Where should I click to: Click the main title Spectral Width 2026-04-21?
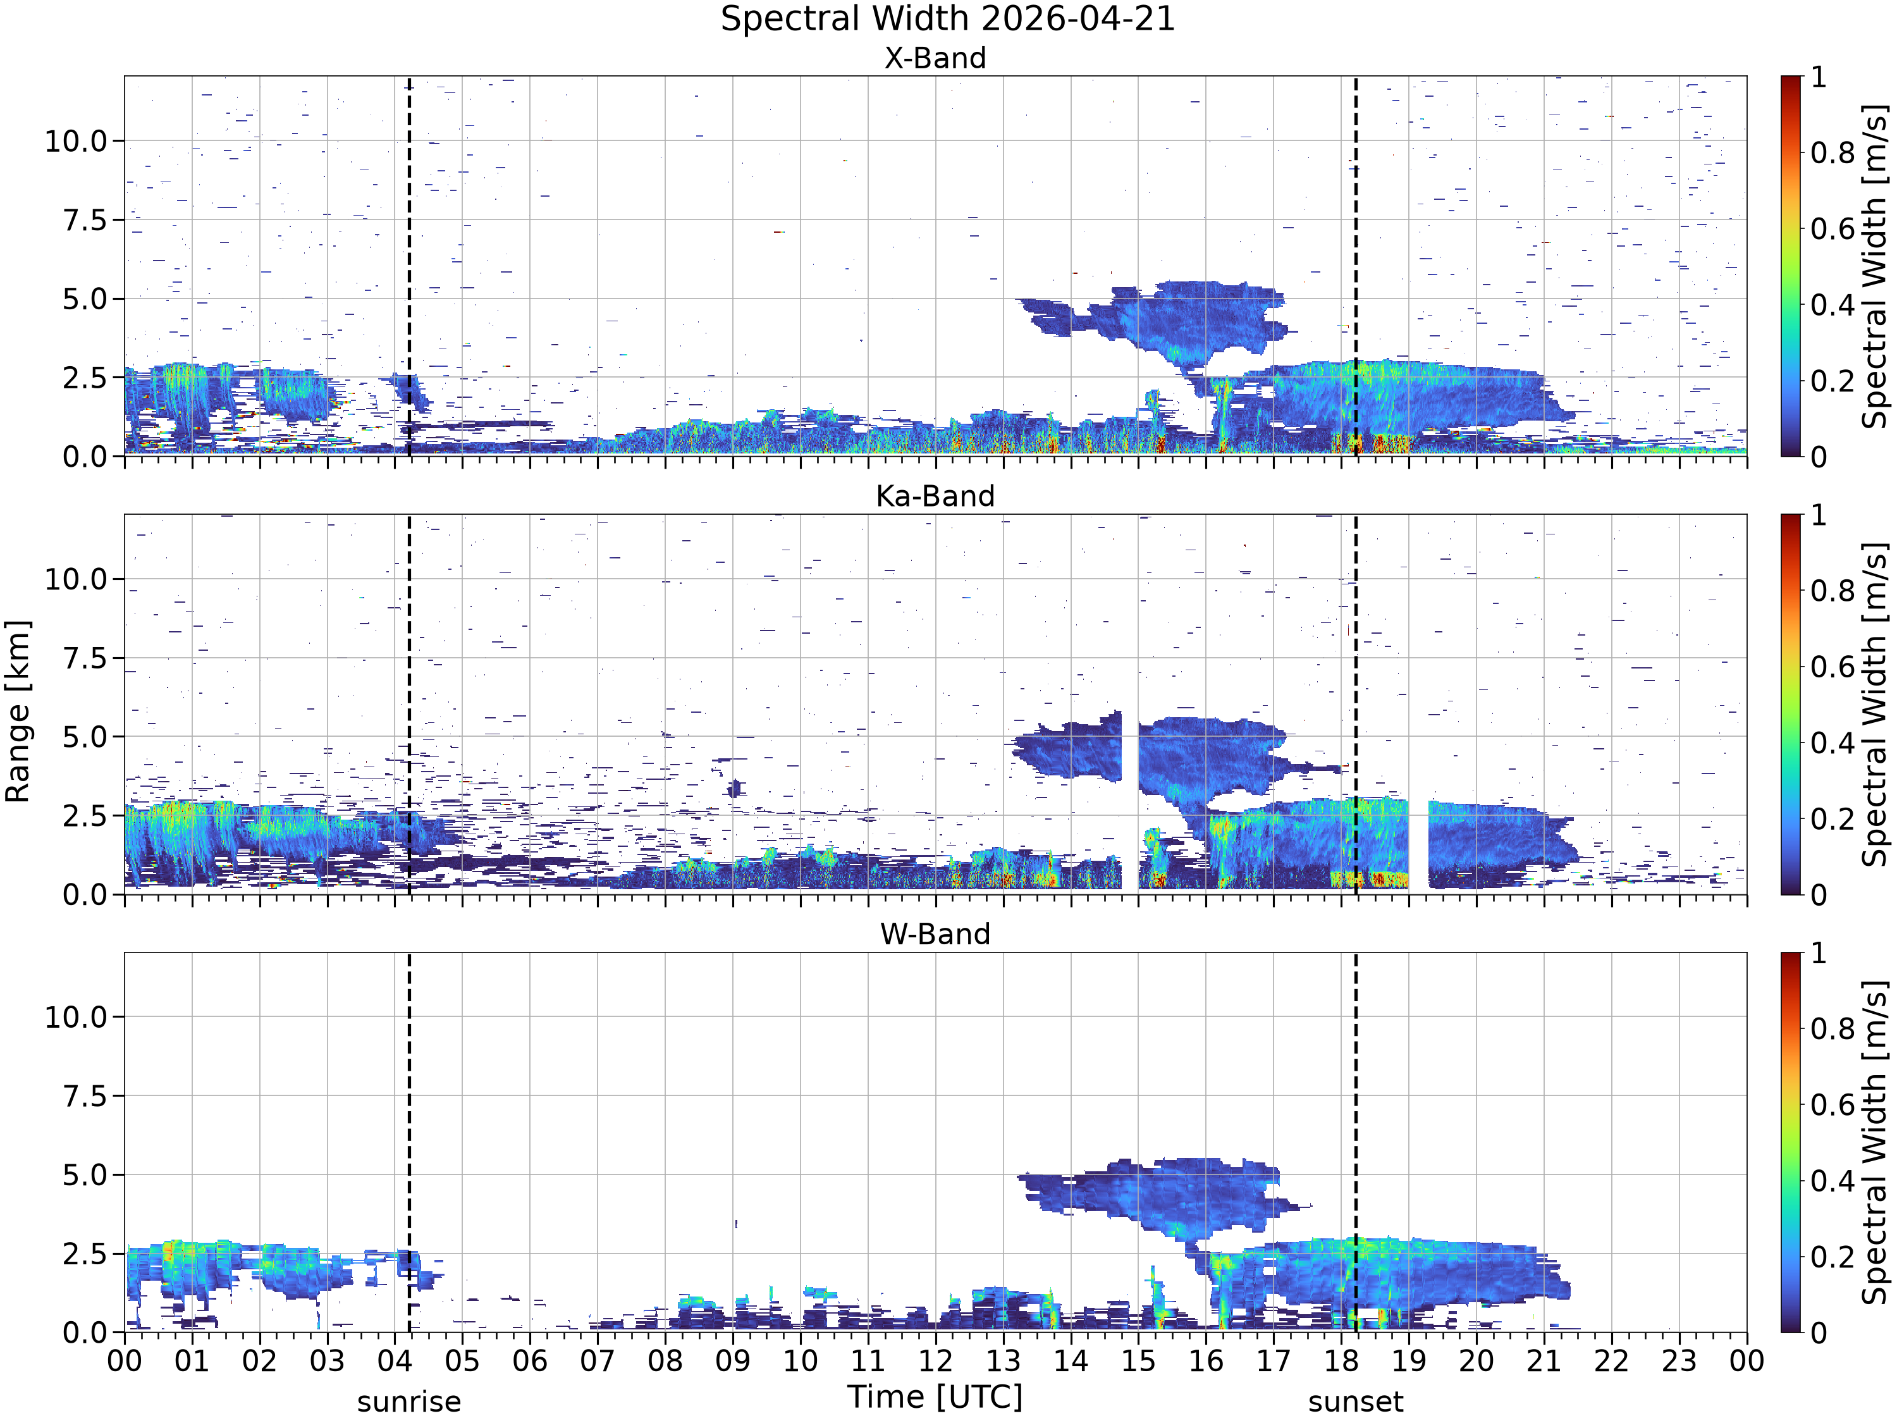click(x=948, y=19)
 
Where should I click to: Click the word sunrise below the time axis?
click(x=409, y=1402)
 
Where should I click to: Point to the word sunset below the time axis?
click(x=1356, y=1402)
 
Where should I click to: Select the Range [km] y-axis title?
click(x=17, y=711)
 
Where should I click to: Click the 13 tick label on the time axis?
click(x=1004, y=1361)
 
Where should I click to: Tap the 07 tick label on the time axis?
click(x=598, y=1361)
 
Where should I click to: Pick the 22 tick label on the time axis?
click(x=1611, y=1361)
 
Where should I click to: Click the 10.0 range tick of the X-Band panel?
click(x=77, y=140)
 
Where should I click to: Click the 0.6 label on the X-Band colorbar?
click(x=1833, y=229)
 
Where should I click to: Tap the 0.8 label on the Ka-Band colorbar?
click(x=1833, y=591)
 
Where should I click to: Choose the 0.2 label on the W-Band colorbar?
click(x=1833, y=1257)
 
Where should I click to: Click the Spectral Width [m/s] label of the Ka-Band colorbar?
click(x=1875, y=704)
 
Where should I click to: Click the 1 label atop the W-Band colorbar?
click(x=1818, y=953)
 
